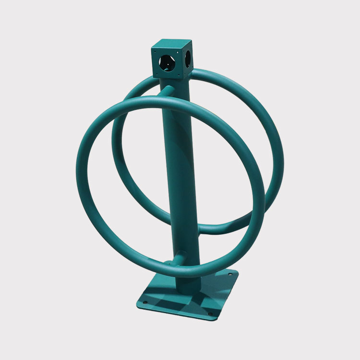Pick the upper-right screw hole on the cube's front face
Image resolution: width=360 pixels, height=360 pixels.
pyautogui.click(x=177, y=52)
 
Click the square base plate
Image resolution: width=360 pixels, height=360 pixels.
pyautogui.click(x=187, y=298)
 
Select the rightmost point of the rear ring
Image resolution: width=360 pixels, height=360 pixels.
pyautogui.click(x=280, y=158)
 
